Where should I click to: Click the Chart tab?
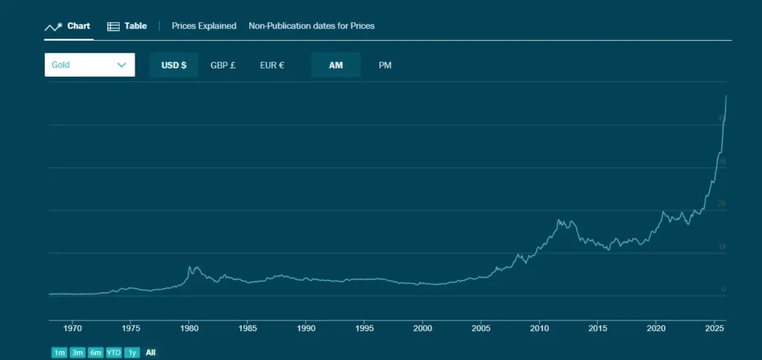pos(68,26)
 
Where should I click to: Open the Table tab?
pos(127,26)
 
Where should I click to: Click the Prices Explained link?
pos(204,26)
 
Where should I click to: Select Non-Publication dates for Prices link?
pos(311,26)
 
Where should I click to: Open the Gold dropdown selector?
pos(89,65)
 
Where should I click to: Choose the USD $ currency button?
pos(174,65)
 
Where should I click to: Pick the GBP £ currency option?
pos(223,65)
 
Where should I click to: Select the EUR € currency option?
pos(272,65)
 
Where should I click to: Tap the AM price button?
pos(336,65)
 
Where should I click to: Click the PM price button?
pos(385,65)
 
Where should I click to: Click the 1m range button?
pos(59,353)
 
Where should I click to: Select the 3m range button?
pos(77,353)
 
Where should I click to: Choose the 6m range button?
pos(95,353)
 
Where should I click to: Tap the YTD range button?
pos(114,353)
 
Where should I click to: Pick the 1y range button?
pos(132,353)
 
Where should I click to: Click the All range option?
pos(151,353)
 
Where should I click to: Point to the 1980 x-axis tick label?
pos(189,327)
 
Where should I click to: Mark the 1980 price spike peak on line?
pos(190,266)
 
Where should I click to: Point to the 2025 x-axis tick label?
pos(714,327)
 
